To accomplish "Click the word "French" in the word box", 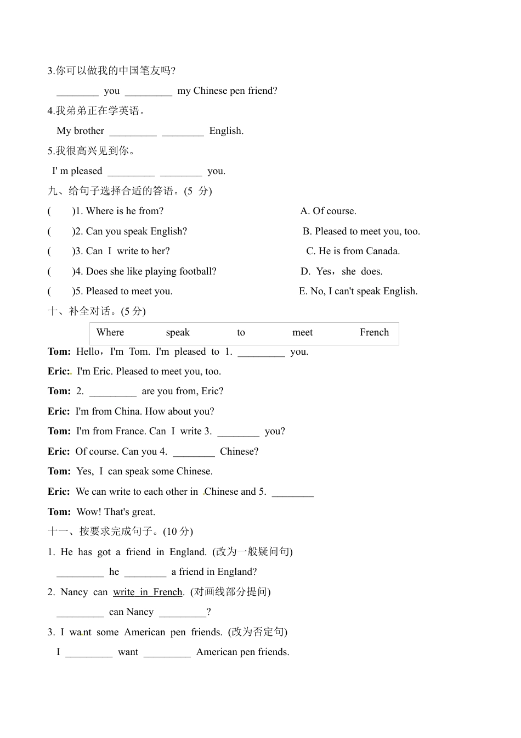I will pos(374,332).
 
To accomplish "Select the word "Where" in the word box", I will pos(110,332).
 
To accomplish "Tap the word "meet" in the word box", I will pos(302,332).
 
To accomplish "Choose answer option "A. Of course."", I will pos(329,211).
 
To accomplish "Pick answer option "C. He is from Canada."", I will pos(353,251).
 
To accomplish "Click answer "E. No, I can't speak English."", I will pos(358,291).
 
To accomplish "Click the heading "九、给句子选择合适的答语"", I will pos(129,191).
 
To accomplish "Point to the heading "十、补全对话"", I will pos(97,311).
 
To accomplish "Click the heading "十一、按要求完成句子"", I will pos(120,531).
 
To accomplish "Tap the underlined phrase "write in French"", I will pos(148,592).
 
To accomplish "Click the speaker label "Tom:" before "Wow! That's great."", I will pos(59,512).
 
